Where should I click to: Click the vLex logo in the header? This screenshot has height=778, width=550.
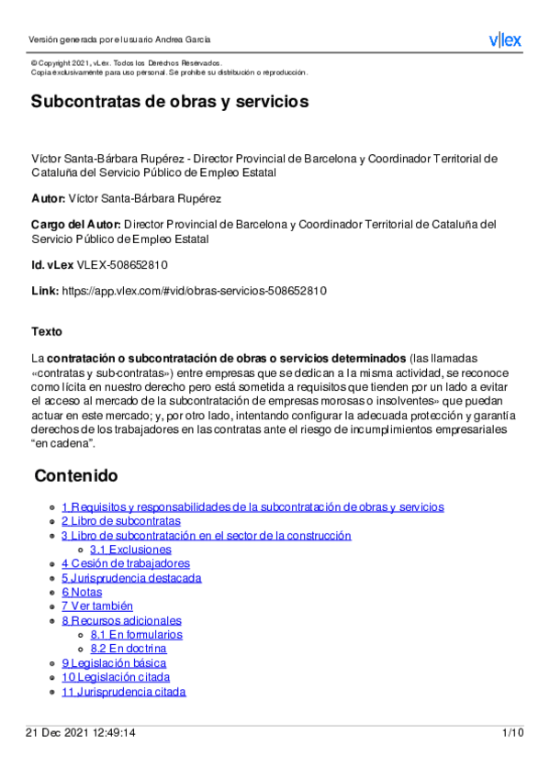(x=504, y=39)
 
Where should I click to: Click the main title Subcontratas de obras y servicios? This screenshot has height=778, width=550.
(x=169, y=101)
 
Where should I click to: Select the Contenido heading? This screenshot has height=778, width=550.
(x=76, y=476)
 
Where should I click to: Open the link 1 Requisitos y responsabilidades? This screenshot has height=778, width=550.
(x=253, y=506)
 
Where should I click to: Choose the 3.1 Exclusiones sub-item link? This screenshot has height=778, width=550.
(x=130, y=550)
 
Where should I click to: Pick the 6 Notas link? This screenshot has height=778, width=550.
(x=82, y=592)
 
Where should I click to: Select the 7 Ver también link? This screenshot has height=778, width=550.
(x=97, y=606)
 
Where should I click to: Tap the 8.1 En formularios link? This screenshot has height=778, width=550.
(x=136, y=635)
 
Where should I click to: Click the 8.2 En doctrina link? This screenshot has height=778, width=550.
(x=129, y=649)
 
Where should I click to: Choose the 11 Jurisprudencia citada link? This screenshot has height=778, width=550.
(x=124, y=692)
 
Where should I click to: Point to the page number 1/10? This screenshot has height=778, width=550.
(x=512, y=733)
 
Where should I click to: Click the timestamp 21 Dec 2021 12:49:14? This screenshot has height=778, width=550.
(x=80, y=733)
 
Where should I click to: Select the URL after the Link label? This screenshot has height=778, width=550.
(x=194, y=291)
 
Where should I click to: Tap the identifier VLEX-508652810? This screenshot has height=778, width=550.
(x=122, y=265)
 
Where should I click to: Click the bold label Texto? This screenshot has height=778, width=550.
(x=47, y=331)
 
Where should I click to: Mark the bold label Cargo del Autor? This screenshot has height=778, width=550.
(x=75, y=224)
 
